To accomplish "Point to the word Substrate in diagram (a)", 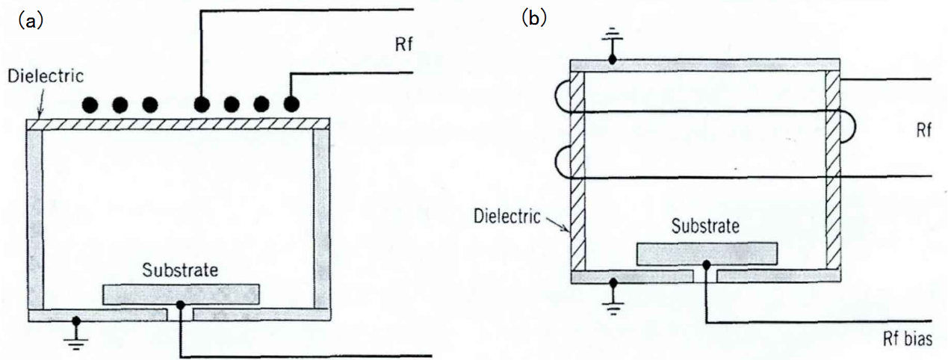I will point(182,270).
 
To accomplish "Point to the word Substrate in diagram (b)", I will point(705,225).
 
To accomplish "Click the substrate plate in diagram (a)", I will point(182,294).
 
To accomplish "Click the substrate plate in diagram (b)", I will point(705,253).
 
